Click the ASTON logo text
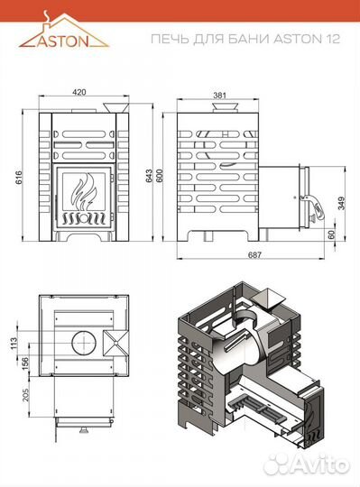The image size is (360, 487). click(63, 41)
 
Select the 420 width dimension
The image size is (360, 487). click(79, 92)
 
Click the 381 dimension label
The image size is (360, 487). click(220, 95)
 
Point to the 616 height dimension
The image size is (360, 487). click(19, 177)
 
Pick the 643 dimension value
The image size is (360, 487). click(150, 176)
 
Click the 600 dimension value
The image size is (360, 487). click(159, 176)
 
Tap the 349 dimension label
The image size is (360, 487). click(341, 204)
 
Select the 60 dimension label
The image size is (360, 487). click(332, 234)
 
